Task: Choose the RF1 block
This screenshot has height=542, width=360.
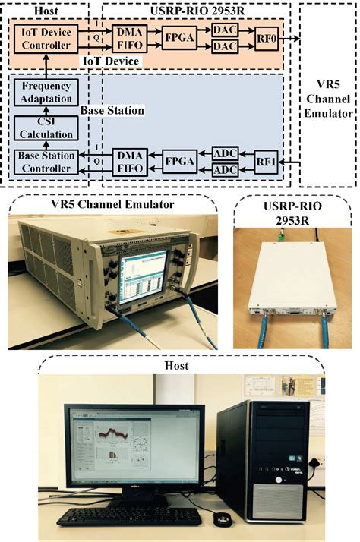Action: pos(267,161)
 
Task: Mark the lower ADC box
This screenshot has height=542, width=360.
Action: pos(224,171)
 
